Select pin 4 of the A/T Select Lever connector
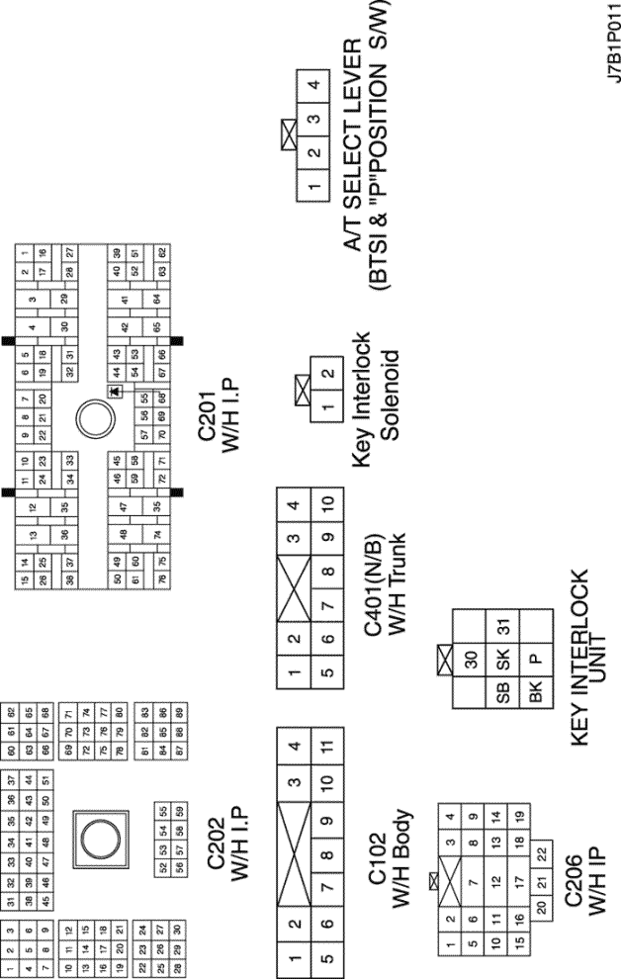(313, 84)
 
